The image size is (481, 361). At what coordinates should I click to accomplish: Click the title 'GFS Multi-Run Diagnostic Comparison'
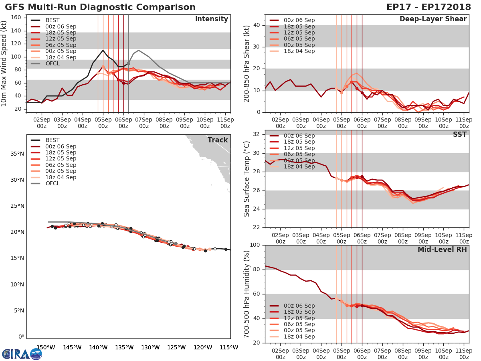click(x=100, y=7)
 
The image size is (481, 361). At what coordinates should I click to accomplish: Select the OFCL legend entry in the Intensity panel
click(x=53, y=63)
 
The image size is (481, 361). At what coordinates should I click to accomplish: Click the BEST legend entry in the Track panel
click(x=53, y=140)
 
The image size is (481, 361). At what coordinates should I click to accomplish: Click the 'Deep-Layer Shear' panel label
click(x=433, y=19)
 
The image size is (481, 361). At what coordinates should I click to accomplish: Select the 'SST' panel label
click(x=460, y=134)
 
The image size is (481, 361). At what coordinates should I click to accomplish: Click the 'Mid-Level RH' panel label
click(x=442, y=249)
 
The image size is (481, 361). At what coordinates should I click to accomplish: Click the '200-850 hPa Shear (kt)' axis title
click(x=247, y=63)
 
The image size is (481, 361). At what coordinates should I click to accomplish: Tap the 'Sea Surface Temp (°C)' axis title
click(x=247, y=179)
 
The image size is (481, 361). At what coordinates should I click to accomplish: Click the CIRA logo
click(x=22, y=354)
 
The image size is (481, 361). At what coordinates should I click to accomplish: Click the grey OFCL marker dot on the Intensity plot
click(x=128, y=63)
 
